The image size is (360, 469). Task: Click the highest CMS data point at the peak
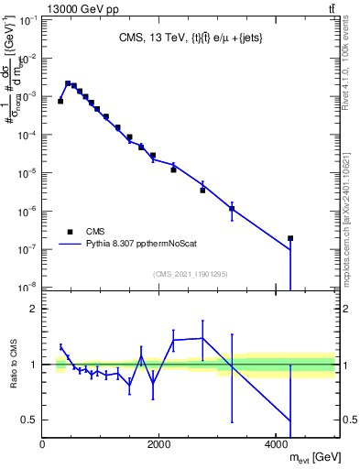tap(68, 82)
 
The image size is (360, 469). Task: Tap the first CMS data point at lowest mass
tap(60, 101)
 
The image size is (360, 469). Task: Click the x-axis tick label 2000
tap(159, 444)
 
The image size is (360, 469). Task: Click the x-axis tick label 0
tap(43, 444)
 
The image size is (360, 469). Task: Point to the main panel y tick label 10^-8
tap(27, 287)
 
